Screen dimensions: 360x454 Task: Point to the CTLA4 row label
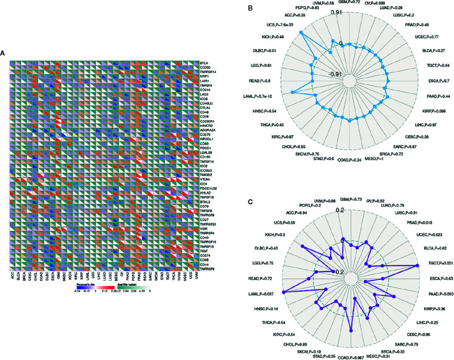tap(207, 106)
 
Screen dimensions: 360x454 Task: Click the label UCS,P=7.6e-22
tap(280, 26)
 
